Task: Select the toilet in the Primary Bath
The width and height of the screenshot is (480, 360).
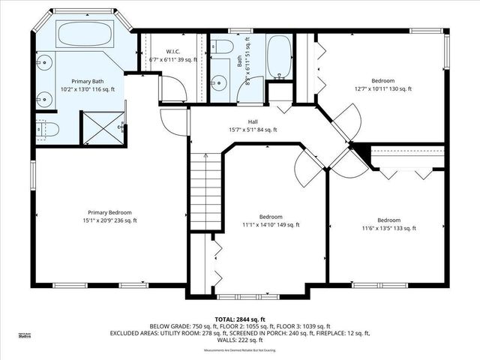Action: pos(47,128)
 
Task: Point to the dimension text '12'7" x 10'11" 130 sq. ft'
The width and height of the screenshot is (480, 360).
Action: pos(382,89)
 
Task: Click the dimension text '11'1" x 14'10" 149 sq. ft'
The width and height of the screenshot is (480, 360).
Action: pos(271,224)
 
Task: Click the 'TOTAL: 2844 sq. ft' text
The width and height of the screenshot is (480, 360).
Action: pos(239,319)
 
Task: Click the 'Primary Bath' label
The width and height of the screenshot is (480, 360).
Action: pos(86,80)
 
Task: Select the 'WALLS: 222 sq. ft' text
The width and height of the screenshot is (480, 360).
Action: pos(239,340)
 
